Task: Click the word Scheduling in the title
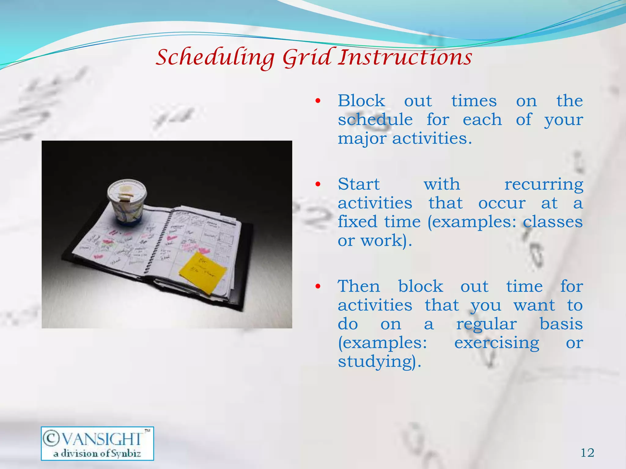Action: point(215,57)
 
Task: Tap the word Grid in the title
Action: point(307,57)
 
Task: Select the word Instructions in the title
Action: point(405,57)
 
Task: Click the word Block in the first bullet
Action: point(361,101)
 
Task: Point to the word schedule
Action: point(375,119)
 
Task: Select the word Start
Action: point(359,184)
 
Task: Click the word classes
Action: point(553,222)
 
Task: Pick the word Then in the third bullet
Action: point(359,286)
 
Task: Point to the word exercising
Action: point(497,343)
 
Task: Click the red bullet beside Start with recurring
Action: point(318,184)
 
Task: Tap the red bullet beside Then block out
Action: point(318,286)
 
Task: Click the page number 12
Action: point(587,453)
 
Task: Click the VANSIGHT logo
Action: point(97,443)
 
